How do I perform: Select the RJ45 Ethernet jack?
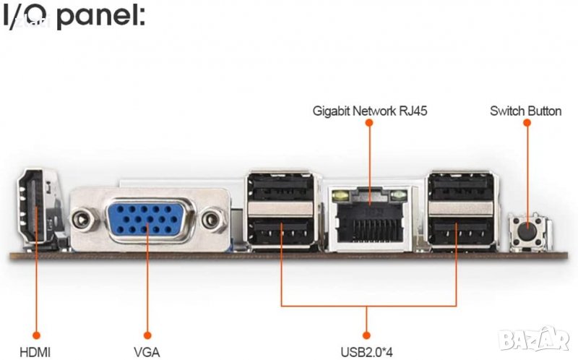click(369, 217)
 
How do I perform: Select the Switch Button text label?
click(525, 111)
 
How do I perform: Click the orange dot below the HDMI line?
click(35, 335)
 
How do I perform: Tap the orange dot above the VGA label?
click(147, 335)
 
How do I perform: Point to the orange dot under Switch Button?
click(527, 124)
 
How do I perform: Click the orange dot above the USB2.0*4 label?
click(366, 335)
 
